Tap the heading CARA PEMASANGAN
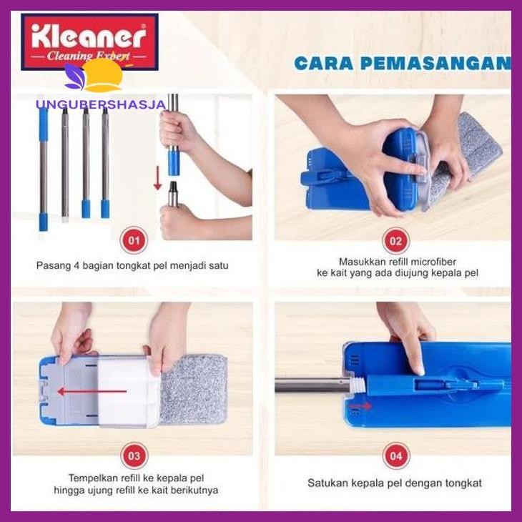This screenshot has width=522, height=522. click(x=402, y=63)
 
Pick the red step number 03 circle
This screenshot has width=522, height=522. click(x=133, y=454)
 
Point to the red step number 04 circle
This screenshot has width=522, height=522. click(x=395, y=454)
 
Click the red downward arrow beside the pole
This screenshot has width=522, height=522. click(x=157, y=178)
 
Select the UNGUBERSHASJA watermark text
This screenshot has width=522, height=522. click(x=100, y=104)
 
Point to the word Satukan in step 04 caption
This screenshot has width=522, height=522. click(x=327, y=483)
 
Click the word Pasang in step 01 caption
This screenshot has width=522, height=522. click(x=52, y=265)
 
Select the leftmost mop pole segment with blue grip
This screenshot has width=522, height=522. click(x=43, y=168)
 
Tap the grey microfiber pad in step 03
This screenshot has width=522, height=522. click(x=193, y=390)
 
